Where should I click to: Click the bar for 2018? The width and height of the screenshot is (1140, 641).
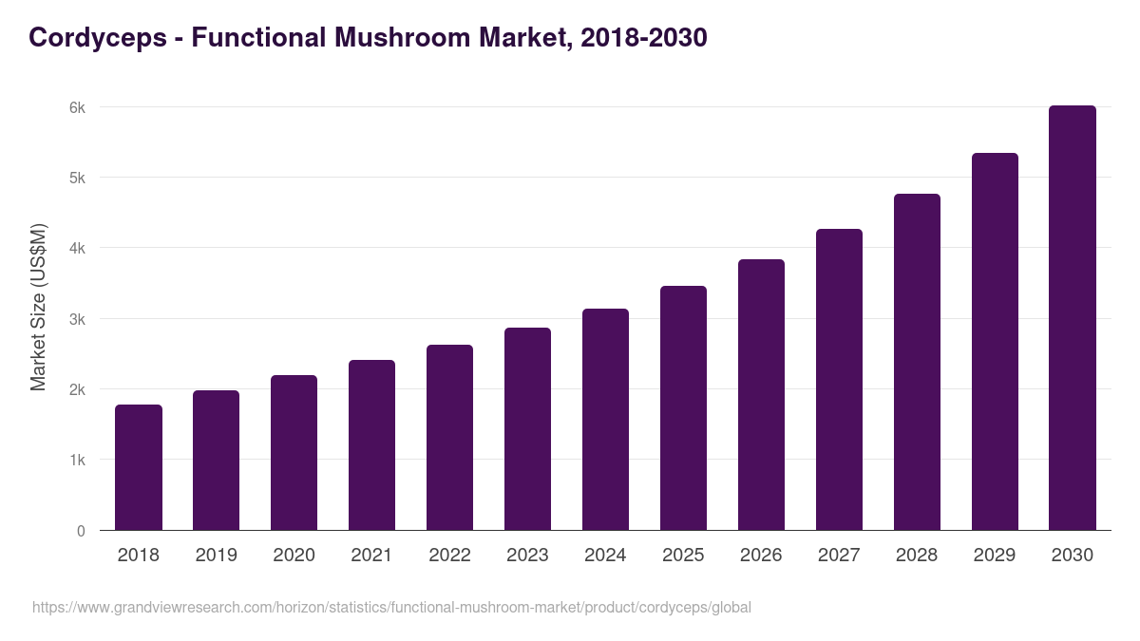pos(139,467)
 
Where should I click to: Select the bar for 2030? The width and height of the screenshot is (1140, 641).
pos(1073,318)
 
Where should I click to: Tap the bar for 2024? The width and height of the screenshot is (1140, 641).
pos(605,420)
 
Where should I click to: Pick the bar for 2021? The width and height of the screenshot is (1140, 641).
pos(371,445)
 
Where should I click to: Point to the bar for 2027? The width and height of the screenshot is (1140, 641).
pos(839,380)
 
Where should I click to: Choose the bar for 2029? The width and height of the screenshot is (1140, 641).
pos(995,342)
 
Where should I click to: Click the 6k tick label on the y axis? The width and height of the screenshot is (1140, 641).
pos(77,107)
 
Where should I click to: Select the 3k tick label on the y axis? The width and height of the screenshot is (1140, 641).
pos(77,319)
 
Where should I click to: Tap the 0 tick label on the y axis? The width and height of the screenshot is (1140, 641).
pos(81,531)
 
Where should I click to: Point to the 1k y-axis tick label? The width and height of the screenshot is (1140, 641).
pos(77,461)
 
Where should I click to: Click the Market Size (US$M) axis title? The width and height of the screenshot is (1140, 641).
pos(38,307)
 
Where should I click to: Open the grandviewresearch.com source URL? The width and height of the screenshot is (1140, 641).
pos(391,607)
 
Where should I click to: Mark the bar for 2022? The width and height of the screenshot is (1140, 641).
pos(449,438)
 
